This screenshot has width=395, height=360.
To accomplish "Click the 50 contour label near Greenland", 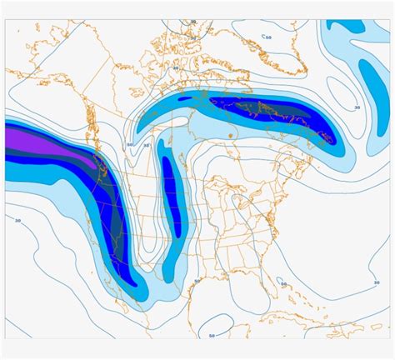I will pyautogui.click(x=267, y=36).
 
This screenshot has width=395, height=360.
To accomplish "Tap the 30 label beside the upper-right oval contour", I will pyautogui.click(x=357, y=107).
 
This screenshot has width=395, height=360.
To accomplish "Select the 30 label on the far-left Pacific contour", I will pyautogui.click(x=18, y=220).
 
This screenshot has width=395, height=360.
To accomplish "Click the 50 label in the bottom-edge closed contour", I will pyautogui.click(x=212, y=335).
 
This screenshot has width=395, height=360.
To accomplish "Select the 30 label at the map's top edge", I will pyautogui.click(x=193, y=22).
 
